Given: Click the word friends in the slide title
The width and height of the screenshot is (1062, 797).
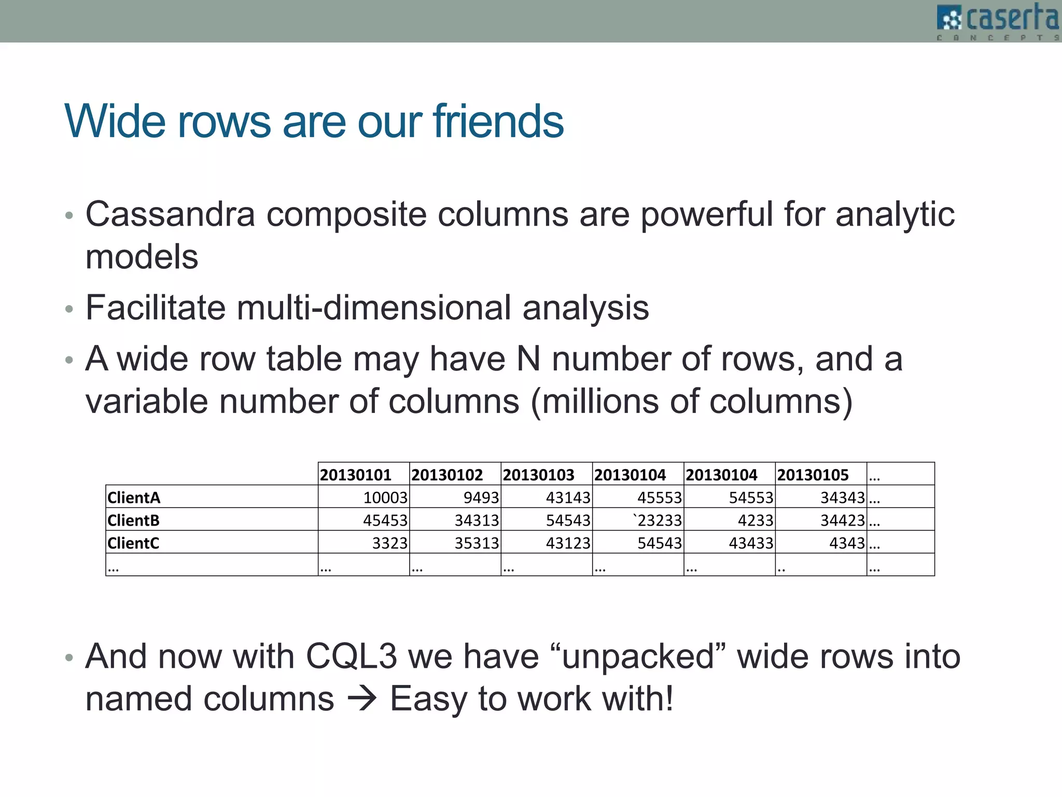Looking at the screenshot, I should tap(498, 121).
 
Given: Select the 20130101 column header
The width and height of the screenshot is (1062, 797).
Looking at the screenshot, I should tap(356, 475).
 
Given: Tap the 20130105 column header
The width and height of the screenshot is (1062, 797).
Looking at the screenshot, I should tap(813, 475).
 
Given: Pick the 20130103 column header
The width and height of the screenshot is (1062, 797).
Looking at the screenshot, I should tap(538, 475).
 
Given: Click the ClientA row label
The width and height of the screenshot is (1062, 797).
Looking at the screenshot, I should tap(134, 498).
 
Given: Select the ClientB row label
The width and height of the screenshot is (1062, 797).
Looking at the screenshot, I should tap(133, 520).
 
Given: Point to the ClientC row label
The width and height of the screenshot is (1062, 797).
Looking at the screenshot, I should tap(133, 543).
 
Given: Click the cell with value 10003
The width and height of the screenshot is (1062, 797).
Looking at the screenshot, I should tap(385, 498).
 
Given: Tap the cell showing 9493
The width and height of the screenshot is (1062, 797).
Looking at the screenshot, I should tap(481, 498).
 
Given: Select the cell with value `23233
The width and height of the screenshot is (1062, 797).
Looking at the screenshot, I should tap(657, 520).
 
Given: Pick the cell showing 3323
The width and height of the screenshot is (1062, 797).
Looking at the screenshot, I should tap(390, 543).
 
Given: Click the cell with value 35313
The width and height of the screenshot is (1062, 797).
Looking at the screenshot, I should tap(477, 543).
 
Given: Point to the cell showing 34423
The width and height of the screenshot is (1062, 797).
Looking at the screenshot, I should tap(842, 520).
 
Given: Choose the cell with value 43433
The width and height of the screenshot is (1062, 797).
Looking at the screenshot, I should tap(751, 543).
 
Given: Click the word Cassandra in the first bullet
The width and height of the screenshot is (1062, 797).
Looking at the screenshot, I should tap(170, 214).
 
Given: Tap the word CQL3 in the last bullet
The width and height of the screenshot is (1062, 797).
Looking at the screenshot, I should tap(351, 656).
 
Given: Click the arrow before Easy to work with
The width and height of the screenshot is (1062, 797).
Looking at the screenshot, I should tap(361, 699).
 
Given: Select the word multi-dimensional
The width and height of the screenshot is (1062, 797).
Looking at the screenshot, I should tap(373, 307).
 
